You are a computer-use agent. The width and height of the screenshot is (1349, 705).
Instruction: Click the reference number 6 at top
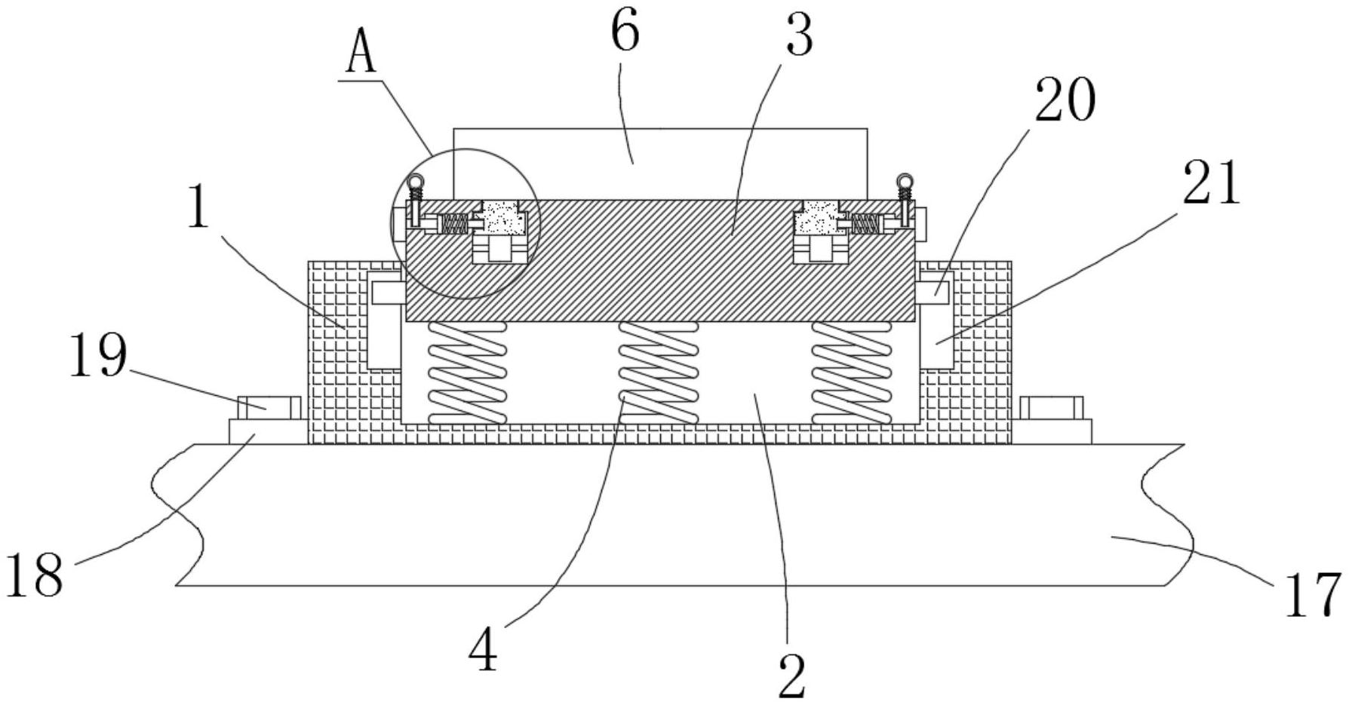click(625, 34)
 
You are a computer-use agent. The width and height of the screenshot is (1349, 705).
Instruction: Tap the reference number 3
click(800, 35)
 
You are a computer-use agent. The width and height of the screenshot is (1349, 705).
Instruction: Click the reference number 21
click(1212, 183)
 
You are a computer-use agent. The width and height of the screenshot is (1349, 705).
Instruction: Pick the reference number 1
click(198, 207)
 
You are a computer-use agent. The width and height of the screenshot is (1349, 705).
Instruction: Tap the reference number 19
click(99, 356)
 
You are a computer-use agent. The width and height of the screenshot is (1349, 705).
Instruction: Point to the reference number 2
click(791, 676)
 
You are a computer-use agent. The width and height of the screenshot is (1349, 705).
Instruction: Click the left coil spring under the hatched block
click(466, 372)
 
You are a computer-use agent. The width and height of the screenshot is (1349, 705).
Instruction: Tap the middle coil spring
click(658, 372)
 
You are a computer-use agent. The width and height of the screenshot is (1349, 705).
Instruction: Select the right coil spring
click(851, 372)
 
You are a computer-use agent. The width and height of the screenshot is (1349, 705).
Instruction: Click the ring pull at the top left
click(415, 182)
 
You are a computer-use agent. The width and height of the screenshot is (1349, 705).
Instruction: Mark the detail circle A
click(466, 223)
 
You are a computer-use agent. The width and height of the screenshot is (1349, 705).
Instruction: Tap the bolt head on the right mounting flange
click(1051, 408)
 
